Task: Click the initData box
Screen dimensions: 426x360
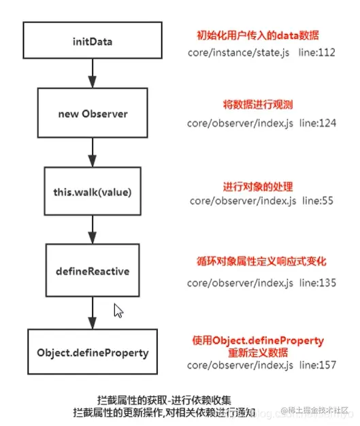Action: (93, 42)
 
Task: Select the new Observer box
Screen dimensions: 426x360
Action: (93, 114)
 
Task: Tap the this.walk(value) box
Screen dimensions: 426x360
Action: (93, 191)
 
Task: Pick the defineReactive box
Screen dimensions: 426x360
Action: (93, 271)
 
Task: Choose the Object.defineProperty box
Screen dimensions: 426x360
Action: (93, 353)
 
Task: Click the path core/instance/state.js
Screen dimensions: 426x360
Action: (231, 52)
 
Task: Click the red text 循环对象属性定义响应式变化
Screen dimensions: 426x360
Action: (258, 261)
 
